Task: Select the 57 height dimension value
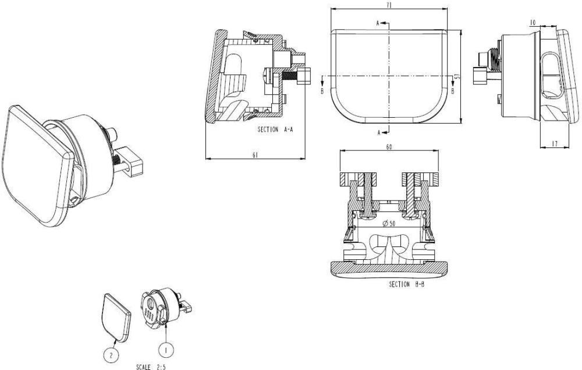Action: tap(457, 76)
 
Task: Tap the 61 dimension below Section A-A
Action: tap(255, 154)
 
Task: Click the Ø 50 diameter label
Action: tap(388, 224)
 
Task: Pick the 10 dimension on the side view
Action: tap(533, 22)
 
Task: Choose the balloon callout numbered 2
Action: tap(112, 353)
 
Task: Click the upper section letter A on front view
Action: tap(378, 23)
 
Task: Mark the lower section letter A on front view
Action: tap(378, 133)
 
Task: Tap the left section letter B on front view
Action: tap(321, 91)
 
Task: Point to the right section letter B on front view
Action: tap(454, 91)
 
